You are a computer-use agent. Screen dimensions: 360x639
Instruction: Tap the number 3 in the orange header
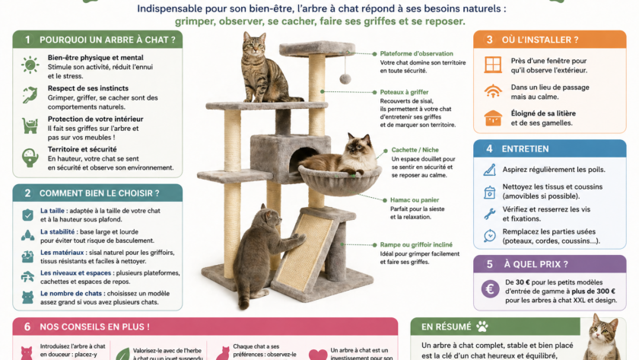coord(489,40)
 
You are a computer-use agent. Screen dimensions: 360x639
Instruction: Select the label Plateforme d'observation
coord(417,54)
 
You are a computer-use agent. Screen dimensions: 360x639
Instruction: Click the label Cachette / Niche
coord(414,150)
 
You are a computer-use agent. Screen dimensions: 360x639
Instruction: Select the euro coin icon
coord(491,288)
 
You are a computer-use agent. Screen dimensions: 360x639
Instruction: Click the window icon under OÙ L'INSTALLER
coord(493,65)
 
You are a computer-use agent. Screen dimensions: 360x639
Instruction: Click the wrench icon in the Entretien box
coord(490,214)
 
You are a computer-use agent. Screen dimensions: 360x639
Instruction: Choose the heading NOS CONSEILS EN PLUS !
coord(94,327)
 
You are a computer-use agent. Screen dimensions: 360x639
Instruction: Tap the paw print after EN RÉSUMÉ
coord(482,327)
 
